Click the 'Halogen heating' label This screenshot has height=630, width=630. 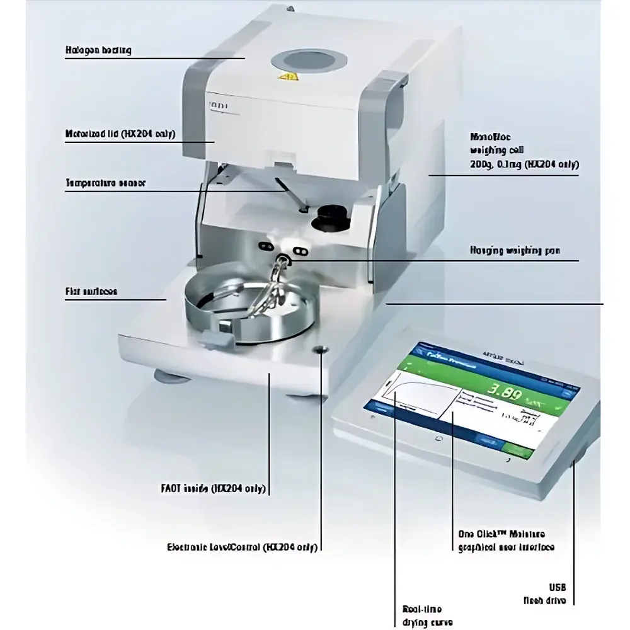coord(98,50)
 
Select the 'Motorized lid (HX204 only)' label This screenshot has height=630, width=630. coord(120,134)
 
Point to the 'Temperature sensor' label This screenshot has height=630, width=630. coord(105,183)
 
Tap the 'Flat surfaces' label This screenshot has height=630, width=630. coord(91,292)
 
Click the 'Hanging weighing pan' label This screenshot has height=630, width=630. coord(515,250)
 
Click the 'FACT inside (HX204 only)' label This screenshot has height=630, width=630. coord(213,488)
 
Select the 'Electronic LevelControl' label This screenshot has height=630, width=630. coord(241,547)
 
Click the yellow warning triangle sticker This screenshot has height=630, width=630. coord(289,78)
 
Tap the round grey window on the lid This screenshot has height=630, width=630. coord(309,61)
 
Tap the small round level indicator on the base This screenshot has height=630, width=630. coord(322,350)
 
